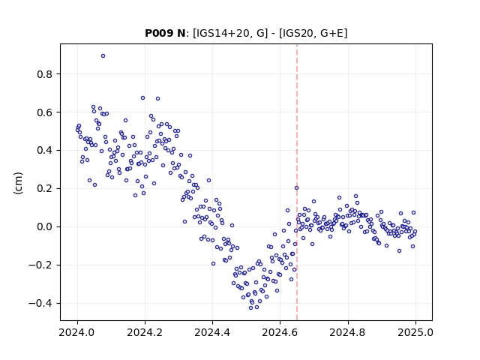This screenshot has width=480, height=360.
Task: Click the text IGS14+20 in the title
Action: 220,33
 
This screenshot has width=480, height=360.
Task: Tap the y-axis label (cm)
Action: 18,183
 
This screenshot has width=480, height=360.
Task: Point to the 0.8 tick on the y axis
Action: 44,74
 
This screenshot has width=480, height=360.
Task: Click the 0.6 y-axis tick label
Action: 44,112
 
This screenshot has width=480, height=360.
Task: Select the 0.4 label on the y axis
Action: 44,150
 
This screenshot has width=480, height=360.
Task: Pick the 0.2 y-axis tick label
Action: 44,188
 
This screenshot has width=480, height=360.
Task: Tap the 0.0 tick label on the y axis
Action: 44,226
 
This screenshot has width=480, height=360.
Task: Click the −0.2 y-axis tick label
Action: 40,265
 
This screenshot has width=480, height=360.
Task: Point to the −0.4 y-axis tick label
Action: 40,303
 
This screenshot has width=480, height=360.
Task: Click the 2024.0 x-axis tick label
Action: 77,332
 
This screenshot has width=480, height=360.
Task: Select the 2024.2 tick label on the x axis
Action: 145,332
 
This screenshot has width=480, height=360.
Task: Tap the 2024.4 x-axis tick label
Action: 212,332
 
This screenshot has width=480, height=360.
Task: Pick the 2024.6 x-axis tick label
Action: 280,332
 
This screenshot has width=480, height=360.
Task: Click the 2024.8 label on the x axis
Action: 348,332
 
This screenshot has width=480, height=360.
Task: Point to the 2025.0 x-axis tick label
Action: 415,332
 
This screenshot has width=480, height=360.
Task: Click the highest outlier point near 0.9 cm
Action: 103,56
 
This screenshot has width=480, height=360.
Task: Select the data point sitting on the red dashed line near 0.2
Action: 297,188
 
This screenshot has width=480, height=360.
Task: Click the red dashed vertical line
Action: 297,182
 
